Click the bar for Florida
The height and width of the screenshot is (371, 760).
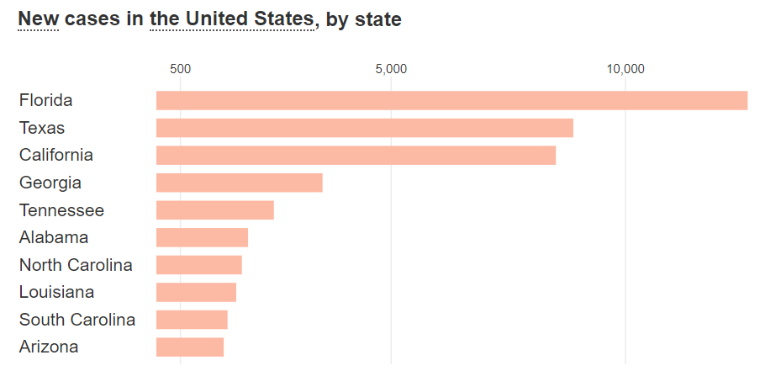[451, 100]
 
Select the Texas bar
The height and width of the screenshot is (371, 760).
[364, 128]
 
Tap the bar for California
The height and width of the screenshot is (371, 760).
[356, 156]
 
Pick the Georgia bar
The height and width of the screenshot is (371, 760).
[239, 183]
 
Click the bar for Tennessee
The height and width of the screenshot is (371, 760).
[214, 210]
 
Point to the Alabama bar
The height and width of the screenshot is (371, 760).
[202, 237]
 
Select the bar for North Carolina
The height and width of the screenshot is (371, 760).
[198, 265]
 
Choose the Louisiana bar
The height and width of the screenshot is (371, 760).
[196, 292]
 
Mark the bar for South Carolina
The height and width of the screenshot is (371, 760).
[192, 320]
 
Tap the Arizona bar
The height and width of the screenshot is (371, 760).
[189, 347]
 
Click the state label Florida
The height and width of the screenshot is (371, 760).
[45, 100]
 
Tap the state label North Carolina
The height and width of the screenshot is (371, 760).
[76, 265]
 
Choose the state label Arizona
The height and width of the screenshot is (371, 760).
[49, 347]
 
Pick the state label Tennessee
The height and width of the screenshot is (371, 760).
[61, 210]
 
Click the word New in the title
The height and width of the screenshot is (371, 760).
[38, 19]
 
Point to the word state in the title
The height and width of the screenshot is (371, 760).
[377, 19]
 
